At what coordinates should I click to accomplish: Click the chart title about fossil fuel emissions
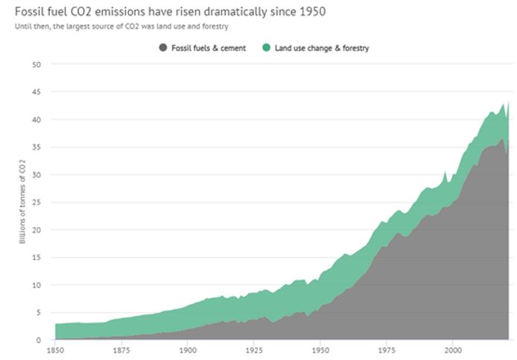(x=170, y=12)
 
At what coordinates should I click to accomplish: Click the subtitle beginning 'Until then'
(x=121, y=26)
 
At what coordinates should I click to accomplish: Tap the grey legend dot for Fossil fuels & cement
(x=163, y=48)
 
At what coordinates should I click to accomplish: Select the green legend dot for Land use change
(x=266, y=48)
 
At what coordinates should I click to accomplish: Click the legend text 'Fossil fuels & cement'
(x=209, y=48)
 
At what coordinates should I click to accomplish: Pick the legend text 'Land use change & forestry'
(x=322, y=48)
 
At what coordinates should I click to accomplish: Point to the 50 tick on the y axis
(x=37, y=65)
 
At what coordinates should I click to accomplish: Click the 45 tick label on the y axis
(x=37, y=92)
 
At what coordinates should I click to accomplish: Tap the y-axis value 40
(x=37, y=120)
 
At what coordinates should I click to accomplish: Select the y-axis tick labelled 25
(x=37, y=202)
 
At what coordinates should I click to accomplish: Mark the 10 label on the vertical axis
(x=37, y=285)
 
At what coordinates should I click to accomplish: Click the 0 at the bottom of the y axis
(x=39, y=340)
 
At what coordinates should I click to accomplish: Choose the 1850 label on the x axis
(x=55, y=350)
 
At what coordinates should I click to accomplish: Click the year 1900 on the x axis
(x=188, y=350)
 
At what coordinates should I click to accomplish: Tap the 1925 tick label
(x=254, y=350)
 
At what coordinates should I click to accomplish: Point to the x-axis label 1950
(x=320, y=350)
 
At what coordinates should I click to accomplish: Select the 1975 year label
(x=387, y=350)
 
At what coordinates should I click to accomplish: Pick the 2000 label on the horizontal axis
(x=453, y=350)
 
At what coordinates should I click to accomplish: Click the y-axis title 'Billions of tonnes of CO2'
(x=22, y=202)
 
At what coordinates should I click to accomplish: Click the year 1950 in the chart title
(x=313, y=12)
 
